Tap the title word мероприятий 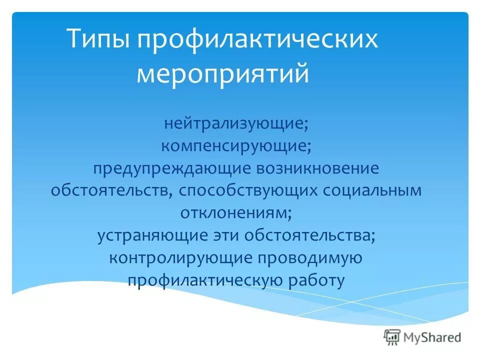[223, 73]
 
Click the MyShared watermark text [432, 337]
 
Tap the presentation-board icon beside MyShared [392, 337]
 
